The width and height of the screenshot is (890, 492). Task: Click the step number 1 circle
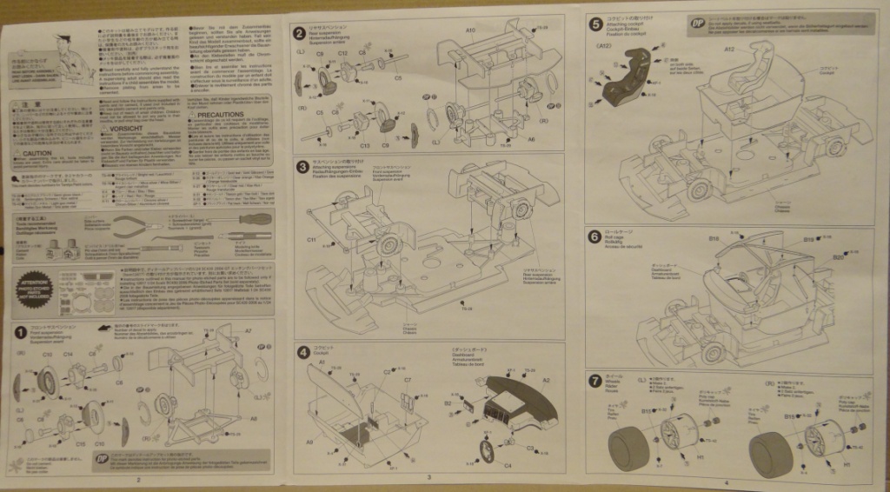point(19,331)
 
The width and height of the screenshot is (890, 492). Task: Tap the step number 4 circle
point(302,352)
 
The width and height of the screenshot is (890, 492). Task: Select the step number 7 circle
point(594,380)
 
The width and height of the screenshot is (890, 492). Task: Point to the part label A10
point(470,30)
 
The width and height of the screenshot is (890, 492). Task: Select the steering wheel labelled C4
point(489,451)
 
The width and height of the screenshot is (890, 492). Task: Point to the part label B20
point(838,256)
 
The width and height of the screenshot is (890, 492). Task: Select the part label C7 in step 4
point(408,380)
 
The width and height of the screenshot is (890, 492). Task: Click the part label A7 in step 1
point(248,330)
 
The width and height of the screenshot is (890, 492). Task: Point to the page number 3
point(429,477)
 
